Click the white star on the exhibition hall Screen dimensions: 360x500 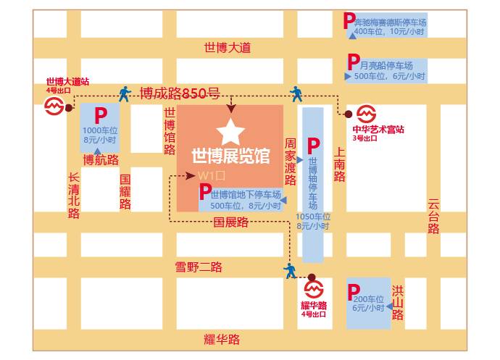point(230,131)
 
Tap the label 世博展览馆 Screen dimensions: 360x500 point(230,156)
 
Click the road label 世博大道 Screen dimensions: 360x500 point(227,47)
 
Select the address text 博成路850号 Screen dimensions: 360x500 point(179,93)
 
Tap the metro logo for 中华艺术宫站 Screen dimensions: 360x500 point(367,114)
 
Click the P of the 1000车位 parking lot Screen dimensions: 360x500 point(101,114)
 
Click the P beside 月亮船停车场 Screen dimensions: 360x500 point(353,62)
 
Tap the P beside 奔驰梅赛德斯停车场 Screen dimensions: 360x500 point(349,21)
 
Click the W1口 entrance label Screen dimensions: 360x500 point(207,176)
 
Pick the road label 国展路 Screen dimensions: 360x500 point(230,222)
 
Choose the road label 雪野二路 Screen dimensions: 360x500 point(199,267)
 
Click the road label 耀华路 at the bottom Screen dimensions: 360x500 point(221,339)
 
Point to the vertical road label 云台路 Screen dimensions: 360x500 point(433,217)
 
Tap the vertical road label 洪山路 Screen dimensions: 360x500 point(397,303)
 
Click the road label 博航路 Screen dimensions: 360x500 point(101,160)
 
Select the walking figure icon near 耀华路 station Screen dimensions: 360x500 point(291,270)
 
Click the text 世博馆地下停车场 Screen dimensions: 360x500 point(246,194)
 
